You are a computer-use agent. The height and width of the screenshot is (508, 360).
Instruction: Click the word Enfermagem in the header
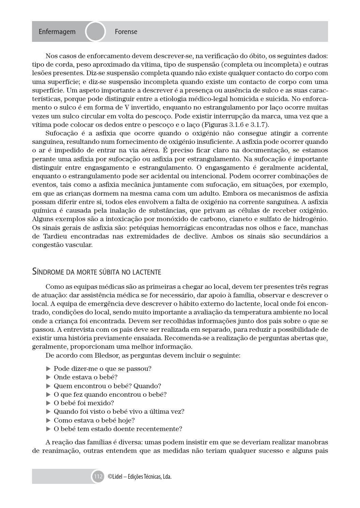click(x=57, y=32)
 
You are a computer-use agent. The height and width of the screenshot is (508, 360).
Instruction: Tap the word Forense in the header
click(x=126, y=32)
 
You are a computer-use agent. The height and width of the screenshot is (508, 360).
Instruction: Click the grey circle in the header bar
click(x=95, y=32)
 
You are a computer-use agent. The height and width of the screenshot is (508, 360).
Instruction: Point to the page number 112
click(x=98, y=476)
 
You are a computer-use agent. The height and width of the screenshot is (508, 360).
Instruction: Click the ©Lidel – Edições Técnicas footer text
click(x=139, y=477)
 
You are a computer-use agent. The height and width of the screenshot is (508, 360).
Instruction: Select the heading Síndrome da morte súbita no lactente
click(x=96, y=272)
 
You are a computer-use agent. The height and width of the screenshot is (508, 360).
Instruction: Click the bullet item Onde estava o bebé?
click(x=85, y=377)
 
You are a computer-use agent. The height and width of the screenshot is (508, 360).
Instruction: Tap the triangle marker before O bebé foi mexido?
click(x=48, y=403)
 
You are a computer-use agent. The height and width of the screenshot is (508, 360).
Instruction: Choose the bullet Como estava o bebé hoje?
click(x=94, y=420)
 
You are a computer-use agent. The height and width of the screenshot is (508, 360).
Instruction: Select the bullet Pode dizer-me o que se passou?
click(x=103, y=368)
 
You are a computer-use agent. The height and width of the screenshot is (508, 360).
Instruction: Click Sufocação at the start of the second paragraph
click(x=62, y=133)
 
